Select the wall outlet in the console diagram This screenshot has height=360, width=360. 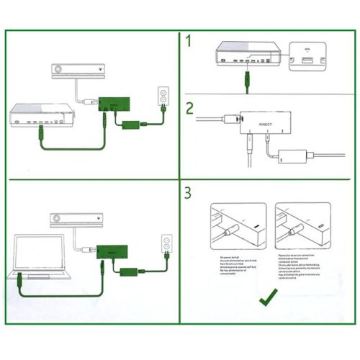pyautogui.click(x=163, y=97)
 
